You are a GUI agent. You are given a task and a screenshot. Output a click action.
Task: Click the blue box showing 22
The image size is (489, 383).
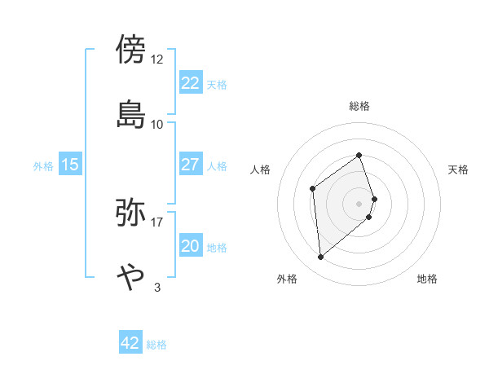click(190, 83)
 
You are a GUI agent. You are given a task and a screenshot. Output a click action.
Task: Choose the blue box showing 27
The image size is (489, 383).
click(190, 165)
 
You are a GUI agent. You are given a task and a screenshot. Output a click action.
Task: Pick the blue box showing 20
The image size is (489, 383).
click(190, 246)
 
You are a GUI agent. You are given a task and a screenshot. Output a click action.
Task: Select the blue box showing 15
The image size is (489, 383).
click(70, 165)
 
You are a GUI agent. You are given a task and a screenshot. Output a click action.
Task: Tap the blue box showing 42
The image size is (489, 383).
click(130, 343)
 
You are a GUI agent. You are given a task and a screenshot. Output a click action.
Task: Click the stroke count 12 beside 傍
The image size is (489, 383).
click(157, 59)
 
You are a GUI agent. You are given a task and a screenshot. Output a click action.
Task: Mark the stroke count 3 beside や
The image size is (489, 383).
click(157, 286)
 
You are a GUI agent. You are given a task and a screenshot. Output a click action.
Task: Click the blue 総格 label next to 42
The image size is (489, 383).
click(156, 345)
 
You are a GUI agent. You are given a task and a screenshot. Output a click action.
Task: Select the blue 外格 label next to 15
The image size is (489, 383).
click(43, 166)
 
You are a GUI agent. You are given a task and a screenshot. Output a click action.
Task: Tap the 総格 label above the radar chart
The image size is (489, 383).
click(359, 106)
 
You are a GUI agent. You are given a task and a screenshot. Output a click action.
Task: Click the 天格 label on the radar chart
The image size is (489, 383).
click(459, 169)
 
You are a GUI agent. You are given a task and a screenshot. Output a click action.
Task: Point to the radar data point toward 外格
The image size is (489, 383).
click(321, 258)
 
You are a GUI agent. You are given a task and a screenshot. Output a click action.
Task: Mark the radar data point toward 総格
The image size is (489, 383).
click(359, 155)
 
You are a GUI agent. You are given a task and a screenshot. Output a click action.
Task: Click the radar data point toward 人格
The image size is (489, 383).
click(313, 189)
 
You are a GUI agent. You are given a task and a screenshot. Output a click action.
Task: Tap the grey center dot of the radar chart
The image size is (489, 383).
click(359, 203)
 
